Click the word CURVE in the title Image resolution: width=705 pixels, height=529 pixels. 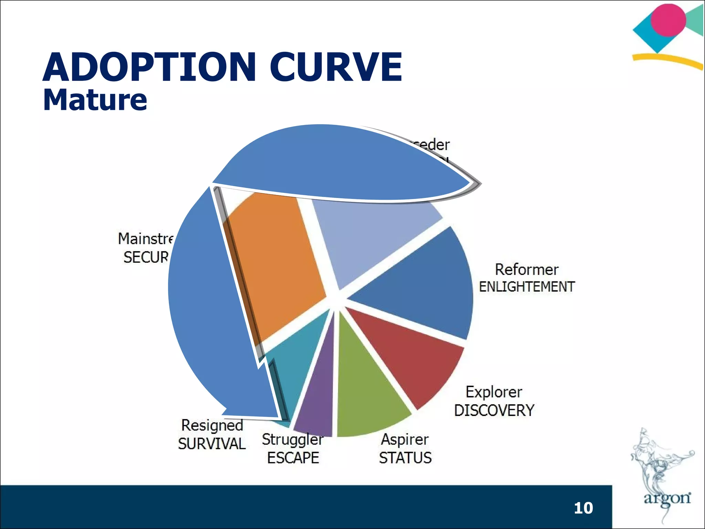(x=336, y=67)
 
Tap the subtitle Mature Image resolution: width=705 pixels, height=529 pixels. (x=95, y=100)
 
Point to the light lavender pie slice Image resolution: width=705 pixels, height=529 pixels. (x=368, y=234)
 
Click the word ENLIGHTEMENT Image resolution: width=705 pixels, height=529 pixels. (x=527, y=287)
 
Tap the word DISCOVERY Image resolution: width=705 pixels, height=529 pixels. (x=494, y=410)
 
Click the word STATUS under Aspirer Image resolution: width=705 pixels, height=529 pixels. (x=405, y=458)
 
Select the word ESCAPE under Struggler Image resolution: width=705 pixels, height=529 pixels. (x=293, y=458)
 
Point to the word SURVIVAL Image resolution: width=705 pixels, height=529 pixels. (x=212, y=444)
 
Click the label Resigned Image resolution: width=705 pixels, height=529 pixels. (x=212, y=425)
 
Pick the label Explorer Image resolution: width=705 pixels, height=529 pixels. (x=494, y=392)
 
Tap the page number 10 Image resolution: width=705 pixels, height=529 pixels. (x=583, y=508)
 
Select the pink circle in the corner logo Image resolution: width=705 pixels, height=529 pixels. (x=668, y=20)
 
